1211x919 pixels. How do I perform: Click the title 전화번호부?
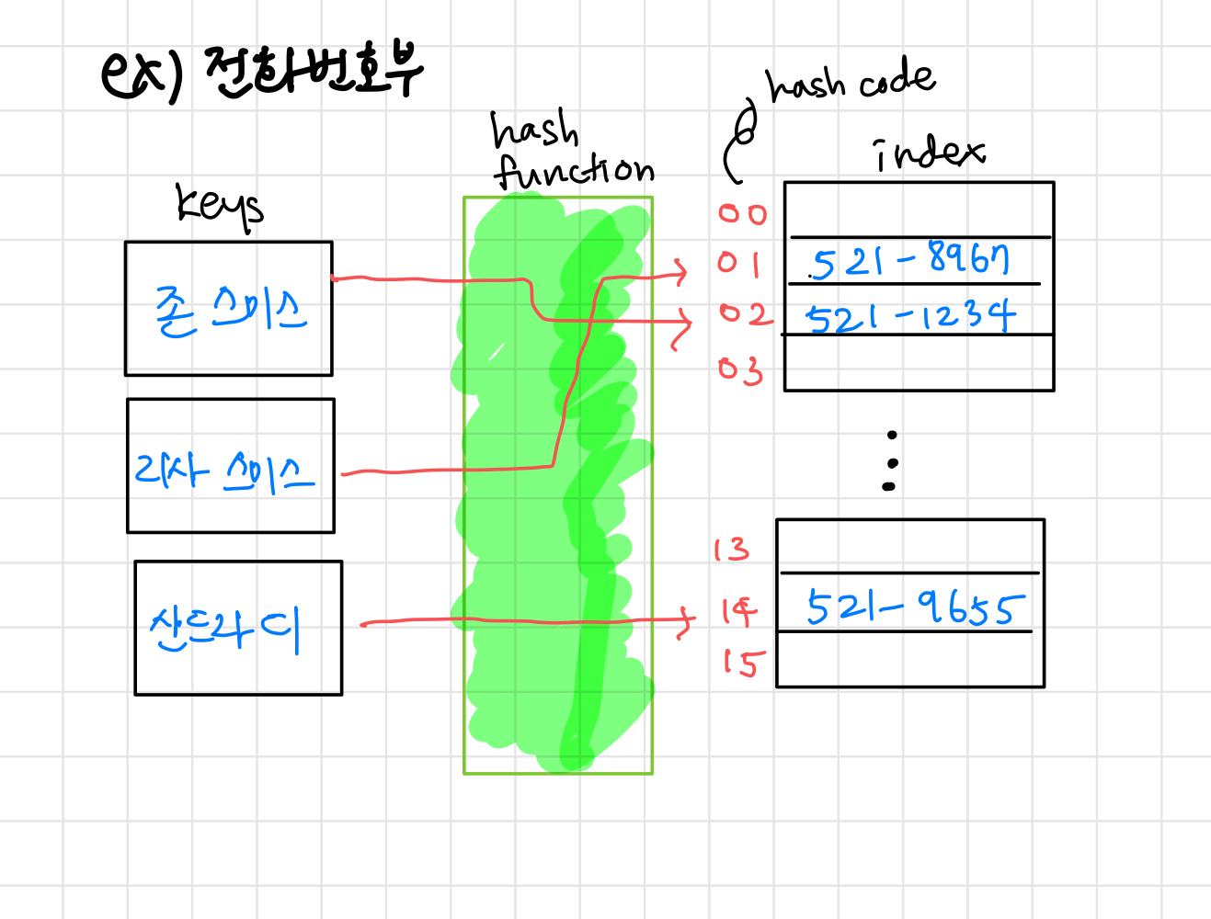pyautogui.click(x=313, y=72)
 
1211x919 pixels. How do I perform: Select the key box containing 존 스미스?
pyautogui.click(x=229, y=309)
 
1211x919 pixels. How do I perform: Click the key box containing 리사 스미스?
pyautogui.click(x=231, y=466)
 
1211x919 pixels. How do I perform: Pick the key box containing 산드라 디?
pyautogui.click(x=238, y=628)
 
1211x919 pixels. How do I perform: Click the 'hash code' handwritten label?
pyautogui.click(x=851, y=81)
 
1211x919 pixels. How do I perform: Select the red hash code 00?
pyautogui.click(x=742, y=214)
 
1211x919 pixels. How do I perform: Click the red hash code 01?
pyautogui.click(x=739, y=264)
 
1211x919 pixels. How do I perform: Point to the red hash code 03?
pyautogui.click(x=740, y=369)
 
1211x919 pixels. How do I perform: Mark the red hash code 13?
pyautogui.click(x=731, y=550)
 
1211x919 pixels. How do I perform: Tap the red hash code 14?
pyautogui.click(x=738, y=610)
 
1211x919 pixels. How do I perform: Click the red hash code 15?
pyautogui.click(x=739, y=662)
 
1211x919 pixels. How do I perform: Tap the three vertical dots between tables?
pyautogui.click(x=890, y=460)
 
